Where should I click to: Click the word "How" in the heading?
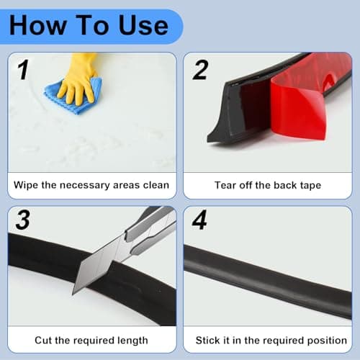(37, 25)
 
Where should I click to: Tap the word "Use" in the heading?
(143, 25)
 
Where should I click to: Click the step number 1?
(23, 70)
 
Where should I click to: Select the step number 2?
(200, 70)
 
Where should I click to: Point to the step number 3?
(23, 220)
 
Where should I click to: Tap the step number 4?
(199, 220)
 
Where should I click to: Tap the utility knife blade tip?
(73, 294)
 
